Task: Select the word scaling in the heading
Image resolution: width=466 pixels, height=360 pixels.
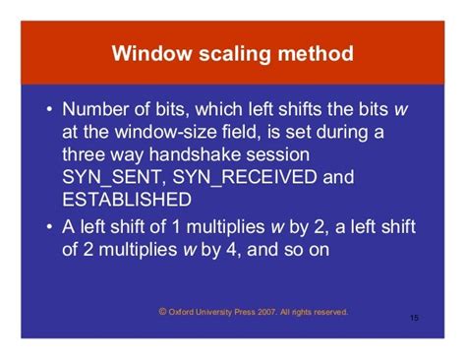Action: coord(231,53)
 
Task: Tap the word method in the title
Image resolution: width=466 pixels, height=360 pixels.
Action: coord(314,53)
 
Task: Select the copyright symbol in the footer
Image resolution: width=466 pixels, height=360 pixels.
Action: coord(162,312)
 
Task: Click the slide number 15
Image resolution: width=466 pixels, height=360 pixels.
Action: coord(414,319)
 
